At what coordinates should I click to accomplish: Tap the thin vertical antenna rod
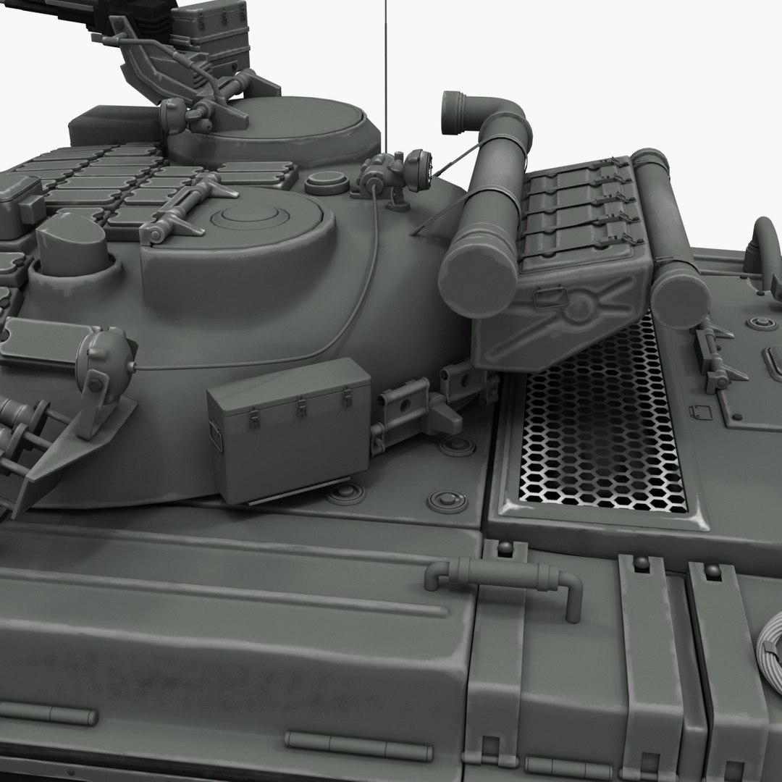pyautogui.click(x=386, y=72)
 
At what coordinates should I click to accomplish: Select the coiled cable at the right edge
pyautogui.click(x=770, y=644)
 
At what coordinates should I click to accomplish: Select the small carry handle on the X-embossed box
pyautogui.click(x=547, y=295)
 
